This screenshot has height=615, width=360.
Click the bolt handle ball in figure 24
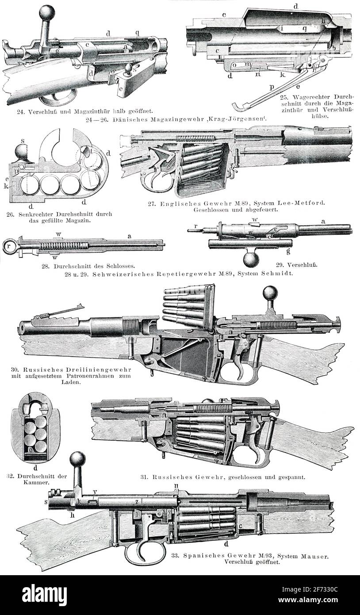pyautogui.click(x=47, y=12)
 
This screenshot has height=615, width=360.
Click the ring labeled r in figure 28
pyautogui.click(x=10, y=246)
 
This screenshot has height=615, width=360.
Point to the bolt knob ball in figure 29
pyautogui.click(x=250, y=259)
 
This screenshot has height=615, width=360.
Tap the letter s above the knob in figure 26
pyautogui.click(x=23, y=141)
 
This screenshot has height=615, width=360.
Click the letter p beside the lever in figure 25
pyautogui.click(x=272, y=87)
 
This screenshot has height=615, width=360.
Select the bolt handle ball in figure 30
pyautogui.click(x=271, y=294)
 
